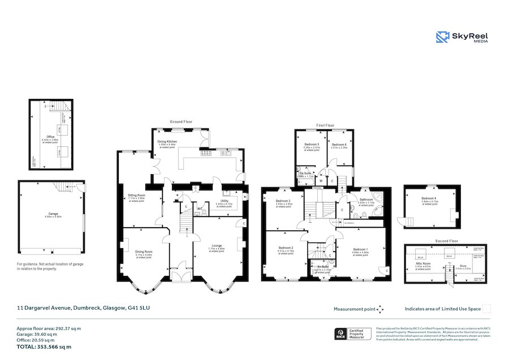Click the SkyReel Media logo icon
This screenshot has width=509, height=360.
click(443, 37)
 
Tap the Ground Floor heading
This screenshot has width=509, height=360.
click(182, 122)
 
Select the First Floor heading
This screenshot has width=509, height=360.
click(325, 125)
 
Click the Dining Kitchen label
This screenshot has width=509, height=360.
click(167, 141)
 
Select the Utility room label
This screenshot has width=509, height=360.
click(224, 201)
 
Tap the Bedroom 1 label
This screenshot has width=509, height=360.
click(361, 249)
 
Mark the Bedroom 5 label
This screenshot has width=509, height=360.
click(312, 145)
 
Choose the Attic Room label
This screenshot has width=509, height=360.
click(424, 263)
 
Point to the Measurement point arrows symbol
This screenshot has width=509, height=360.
click(381, 309)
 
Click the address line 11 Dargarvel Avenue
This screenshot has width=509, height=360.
click(83, 307)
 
